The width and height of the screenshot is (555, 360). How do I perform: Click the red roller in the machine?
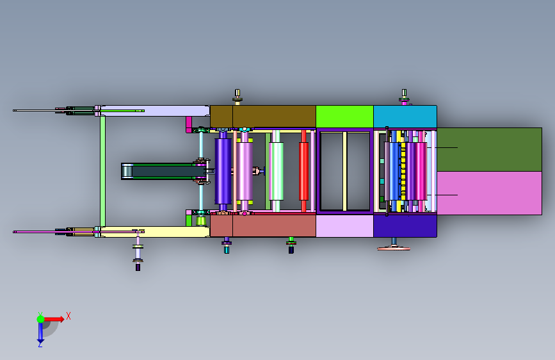303,171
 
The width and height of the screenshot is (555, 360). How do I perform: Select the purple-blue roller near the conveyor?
223,171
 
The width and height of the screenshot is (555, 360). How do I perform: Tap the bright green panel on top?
344,116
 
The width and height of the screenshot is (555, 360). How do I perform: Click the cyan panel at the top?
405,116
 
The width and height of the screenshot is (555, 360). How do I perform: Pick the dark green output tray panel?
489,149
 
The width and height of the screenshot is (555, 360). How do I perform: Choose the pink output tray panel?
489,193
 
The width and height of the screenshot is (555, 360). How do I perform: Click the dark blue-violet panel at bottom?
405,225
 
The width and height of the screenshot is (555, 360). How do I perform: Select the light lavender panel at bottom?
344,225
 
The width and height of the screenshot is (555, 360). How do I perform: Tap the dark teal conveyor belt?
163,172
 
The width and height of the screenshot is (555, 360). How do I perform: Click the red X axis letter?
68,316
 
